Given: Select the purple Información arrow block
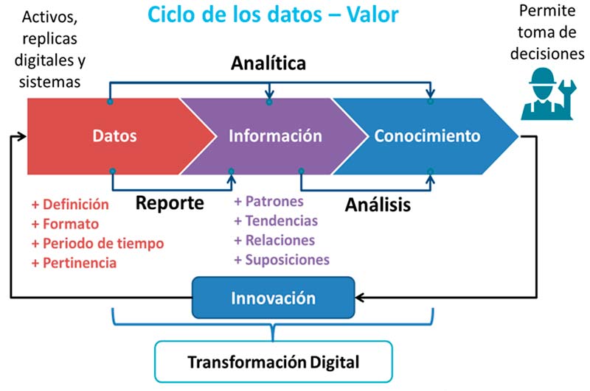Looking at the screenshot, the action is point(274,136).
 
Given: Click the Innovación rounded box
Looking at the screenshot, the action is point(273,297).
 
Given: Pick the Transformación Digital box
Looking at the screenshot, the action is point(274,362).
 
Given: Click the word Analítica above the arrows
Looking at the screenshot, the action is point(268,63).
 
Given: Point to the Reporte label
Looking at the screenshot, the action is point(170,203).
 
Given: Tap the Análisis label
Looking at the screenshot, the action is point(378,205).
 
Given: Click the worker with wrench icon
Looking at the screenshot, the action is point(548,94).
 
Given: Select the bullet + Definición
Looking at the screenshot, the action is point(70,204).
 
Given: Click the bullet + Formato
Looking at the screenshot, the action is point(65,224).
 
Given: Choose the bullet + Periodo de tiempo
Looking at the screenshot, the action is point(97,244).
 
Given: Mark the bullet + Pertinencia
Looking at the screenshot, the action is point(74,263).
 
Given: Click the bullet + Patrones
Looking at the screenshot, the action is point(268,201).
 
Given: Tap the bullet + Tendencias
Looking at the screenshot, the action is point(276,221).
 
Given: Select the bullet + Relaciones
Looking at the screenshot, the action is point(274,240).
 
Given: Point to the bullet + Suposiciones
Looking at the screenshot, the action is point(282,260).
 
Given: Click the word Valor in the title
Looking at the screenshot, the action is point(372,15).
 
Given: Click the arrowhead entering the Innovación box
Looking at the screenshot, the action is point(359,297).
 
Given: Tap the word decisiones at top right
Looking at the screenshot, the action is point(547,54).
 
